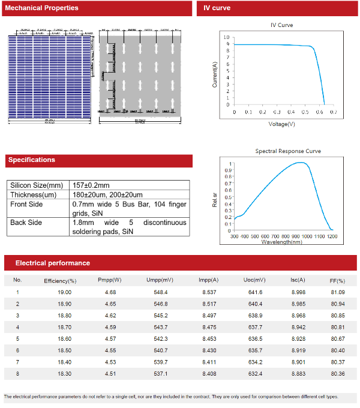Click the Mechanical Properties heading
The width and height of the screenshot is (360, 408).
click(x=41, y=8)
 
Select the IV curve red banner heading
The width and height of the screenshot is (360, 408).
click(x=217, y=8)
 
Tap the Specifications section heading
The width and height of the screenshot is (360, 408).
click(x=31, y=160)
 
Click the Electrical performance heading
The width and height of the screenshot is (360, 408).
click(x=53, y=263)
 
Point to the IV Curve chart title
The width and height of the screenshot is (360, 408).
click(x=282, y=25)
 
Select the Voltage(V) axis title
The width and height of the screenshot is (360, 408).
click(x=281, y=124)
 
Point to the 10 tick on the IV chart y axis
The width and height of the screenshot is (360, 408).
click(x=226, y=37)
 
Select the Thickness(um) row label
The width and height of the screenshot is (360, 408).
click(x=33, y=195)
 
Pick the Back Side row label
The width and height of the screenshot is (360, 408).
click(x=26, y=223)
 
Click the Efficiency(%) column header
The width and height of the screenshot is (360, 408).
click(x=60, y=280)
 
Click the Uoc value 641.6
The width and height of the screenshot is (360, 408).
click(x=256, y=292)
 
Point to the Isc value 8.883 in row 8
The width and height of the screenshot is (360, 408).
click(x=298, y=373)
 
